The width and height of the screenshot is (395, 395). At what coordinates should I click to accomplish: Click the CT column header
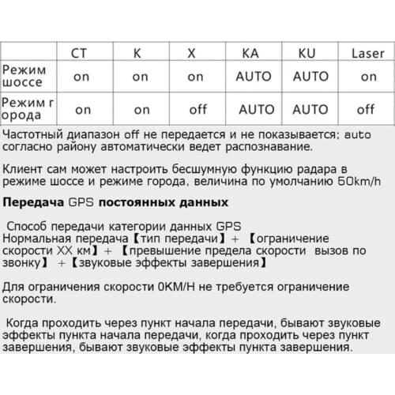80,54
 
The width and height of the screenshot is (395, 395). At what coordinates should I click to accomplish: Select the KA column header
249,54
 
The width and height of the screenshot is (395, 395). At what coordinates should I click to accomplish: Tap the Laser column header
367,54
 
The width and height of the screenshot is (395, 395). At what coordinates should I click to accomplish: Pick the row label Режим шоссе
24,76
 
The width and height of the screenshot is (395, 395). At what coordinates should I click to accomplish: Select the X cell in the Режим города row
197,110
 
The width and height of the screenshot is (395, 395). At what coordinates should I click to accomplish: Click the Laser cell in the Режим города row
366,110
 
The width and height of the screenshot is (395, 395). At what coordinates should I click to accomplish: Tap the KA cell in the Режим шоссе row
253,77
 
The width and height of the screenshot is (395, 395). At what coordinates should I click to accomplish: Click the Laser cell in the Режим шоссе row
368,77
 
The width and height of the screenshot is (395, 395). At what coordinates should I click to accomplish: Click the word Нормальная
40,239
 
